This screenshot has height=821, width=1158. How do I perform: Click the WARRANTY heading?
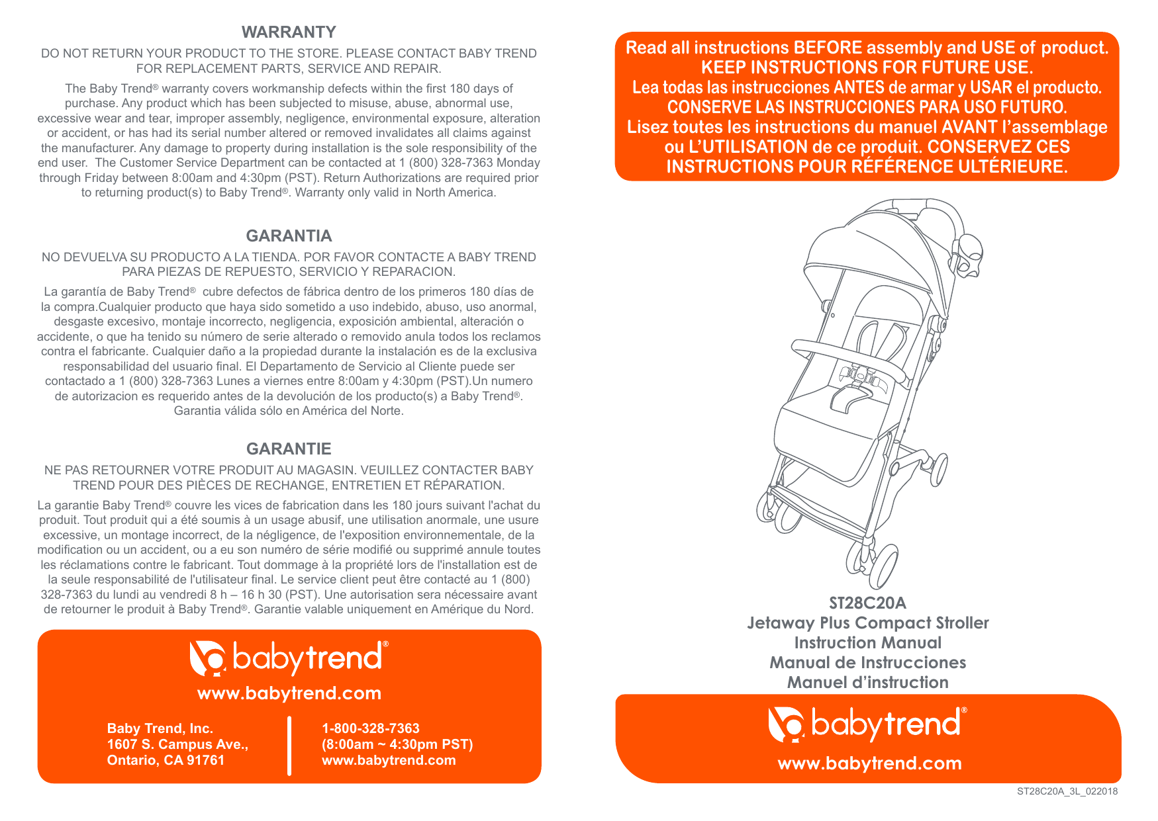289,32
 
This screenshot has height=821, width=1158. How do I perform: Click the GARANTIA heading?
289,236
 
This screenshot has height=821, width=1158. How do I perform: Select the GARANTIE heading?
289,449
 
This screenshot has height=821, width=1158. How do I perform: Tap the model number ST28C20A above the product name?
867,603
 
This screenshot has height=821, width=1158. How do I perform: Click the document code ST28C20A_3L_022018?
1067,791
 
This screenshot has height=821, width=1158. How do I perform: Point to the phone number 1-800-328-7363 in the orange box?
370,728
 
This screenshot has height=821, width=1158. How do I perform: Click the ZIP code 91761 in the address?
205,760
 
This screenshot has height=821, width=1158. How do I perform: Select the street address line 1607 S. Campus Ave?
177,744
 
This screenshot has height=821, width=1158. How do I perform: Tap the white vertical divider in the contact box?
289,745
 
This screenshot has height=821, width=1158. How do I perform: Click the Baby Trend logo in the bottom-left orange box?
289,658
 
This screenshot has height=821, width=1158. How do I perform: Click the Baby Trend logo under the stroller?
867,724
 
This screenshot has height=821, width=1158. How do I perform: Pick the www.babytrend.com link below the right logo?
869,763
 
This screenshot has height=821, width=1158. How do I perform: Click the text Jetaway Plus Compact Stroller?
867,623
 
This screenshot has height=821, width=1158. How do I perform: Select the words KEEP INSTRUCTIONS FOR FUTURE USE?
867,67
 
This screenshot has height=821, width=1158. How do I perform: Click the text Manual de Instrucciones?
867,662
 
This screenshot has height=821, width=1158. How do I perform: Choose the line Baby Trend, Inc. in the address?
160,728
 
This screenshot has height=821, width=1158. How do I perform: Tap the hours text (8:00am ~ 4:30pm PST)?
397,744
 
